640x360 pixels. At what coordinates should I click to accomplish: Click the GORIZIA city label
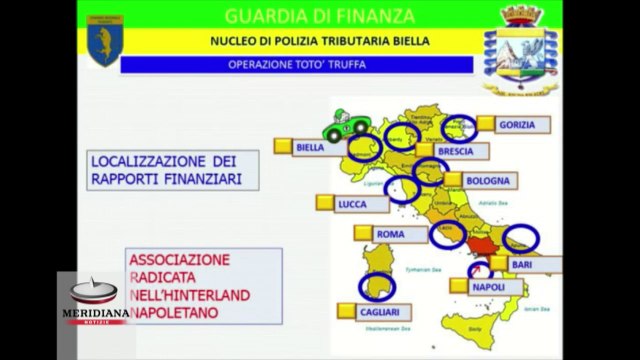click(x=525, y=125)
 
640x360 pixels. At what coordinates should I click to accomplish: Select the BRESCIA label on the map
click(x=462, y=151)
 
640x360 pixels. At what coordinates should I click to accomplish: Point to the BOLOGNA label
click(x=490, y=181)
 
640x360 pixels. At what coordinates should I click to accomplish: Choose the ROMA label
click(x=389, y=235)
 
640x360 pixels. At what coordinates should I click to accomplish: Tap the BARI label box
click(x=522, y=264)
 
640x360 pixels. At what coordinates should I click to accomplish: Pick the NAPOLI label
click(x=487, y=287)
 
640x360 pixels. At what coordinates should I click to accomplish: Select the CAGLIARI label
click(x=380, y=311)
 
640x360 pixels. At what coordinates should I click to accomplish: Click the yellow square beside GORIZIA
click(x=485, y=124)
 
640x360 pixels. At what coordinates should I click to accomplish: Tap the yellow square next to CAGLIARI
click(x=342, y=310)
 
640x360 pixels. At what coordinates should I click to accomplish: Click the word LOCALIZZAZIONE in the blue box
click(x=137, y=160)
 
